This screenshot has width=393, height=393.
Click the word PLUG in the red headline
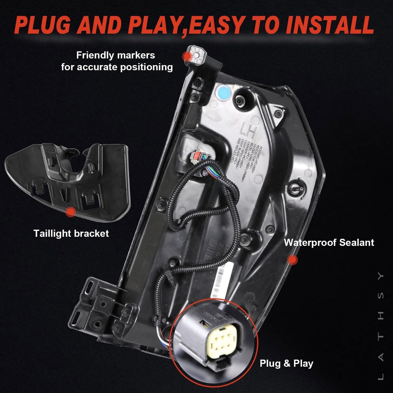44,24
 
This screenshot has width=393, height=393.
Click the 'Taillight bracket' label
71,233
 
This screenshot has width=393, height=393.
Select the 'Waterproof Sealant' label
329,242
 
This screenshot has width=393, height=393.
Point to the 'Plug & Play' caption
286,363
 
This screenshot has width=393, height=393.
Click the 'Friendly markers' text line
116,55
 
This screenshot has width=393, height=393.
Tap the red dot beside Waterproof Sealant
292,260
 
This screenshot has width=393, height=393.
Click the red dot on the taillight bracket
71,212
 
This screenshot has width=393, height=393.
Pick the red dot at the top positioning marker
187,56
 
